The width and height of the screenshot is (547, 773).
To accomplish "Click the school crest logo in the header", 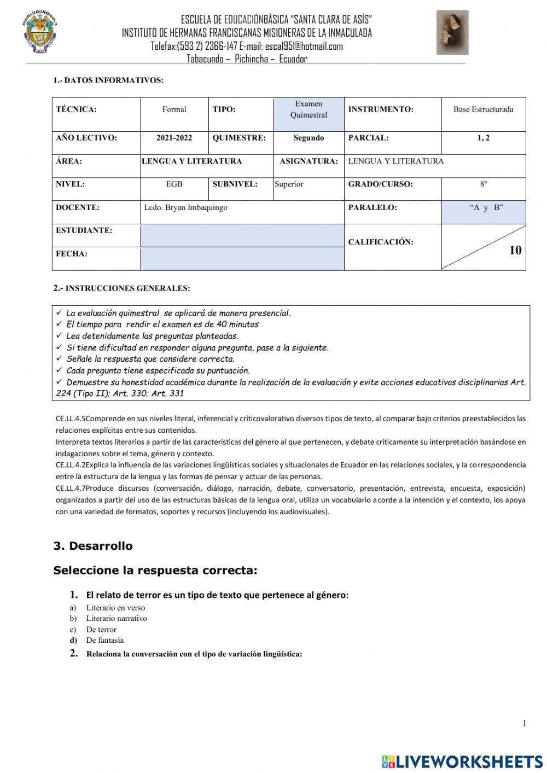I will (40, 32).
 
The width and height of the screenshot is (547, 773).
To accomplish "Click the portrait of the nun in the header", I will (452, 33).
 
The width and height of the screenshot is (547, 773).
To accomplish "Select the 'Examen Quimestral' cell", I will (309, 109).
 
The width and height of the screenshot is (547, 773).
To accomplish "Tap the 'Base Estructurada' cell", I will (483, 109).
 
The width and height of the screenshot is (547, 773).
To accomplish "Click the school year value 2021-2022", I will (174, 138).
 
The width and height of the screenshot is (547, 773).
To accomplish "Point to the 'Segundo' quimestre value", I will (309, 138).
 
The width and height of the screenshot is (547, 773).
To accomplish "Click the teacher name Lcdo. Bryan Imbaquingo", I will (185, 208).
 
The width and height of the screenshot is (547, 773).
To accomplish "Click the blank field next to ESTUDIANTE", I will (242, 236).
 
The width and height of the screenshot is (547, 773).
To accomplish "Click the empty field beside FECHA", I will (242, 259).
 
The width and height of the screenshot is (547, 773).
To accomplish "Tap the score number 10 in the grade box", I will (515, 251).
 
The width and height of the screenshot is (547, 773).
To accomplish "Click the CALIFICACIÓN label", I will (381, 242).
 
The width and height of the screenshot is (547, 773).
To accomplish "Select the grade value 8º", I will (483, 184).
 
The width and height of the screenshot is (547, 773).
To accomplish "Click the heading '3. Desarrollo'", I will (93, 546).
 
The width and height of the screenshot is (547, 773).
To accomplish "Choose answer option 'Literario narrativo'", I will (117, 619).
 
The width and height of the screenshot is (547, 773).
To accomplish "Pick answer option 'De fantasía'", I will (105, 641).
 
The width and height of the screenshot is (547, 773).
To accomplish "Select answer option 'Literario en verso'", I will (115, 608).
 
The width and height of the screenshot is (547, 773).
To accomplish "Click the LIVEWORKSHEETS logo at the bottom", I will (462, 762).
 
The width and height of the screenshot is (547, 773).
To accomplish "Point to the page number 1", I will (524, 724).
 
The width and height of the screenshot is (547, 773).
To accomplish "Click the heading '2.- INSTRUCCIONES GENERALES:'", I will (121, 288).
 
